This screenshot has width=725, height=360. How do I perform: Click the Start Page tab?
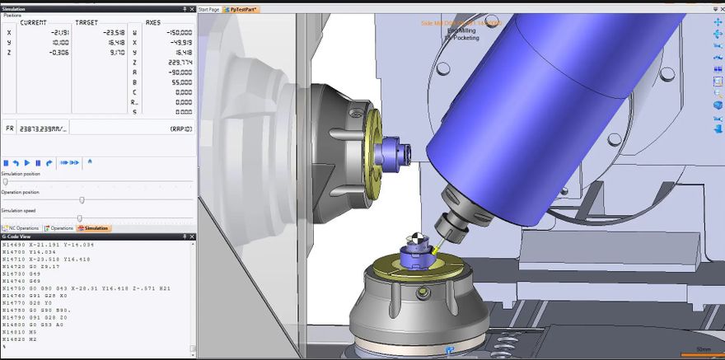click(x=209, y=9)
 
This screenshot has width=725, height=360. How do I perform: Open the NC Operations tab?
click(x=21, y=228)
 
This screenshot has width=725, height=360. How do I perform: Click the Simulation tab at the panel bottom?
click(x=92, y=228)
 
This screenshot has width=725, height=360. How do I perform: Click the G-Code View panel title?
click(x=16, y=236)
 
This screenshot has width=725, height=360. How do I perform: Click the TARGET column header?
click(x=87, y=23)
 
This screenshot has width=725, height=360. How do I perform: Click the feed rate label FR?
click(x=10, y=129)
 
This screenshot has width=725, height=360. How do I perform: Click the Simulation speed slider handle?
click(x=79, y=217)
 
